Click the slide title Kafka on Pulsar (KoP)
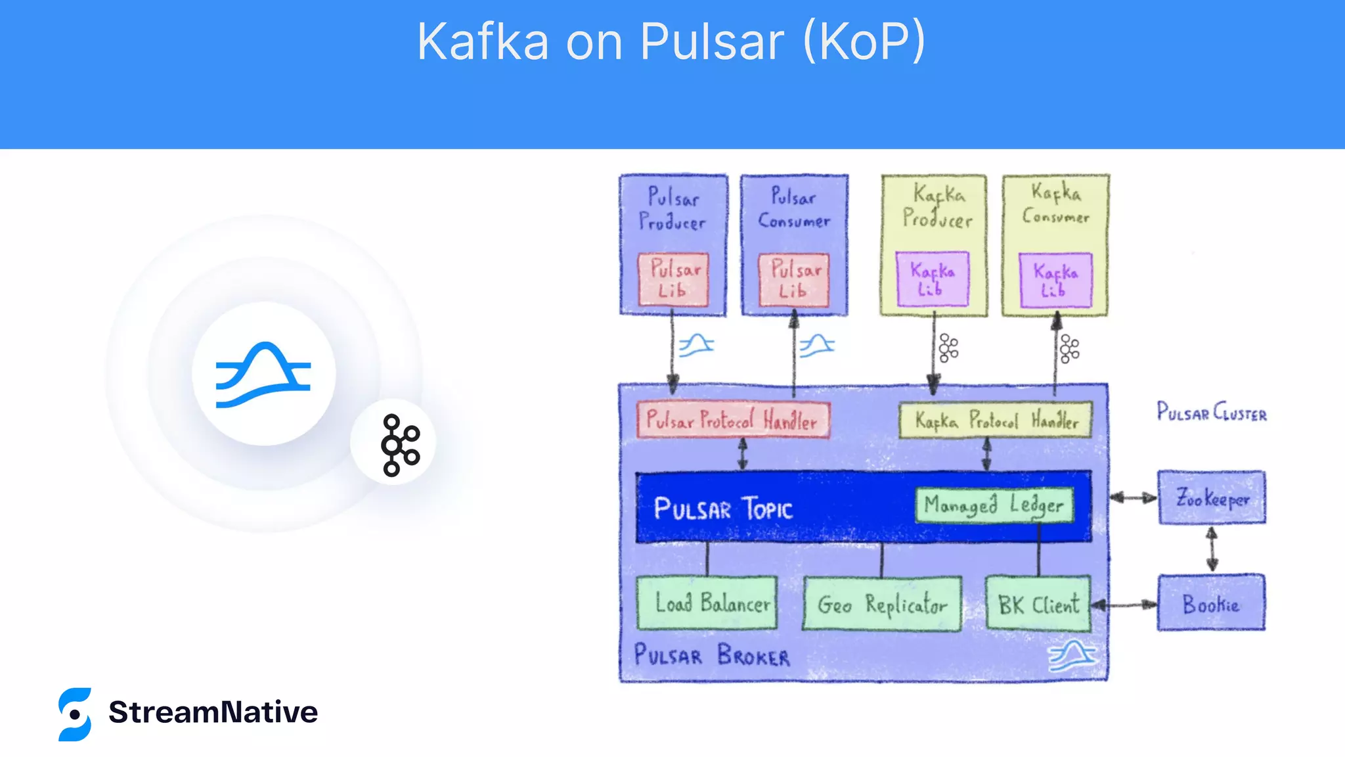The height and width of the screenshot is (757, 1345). point(671,41)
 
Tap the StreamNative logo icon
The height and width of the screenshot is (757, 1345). point(75,714)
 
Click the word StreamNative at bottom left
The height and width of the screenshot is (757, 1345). point(213,712)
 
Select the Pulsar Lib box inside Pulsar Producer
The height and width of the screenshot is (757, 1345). point(673,280)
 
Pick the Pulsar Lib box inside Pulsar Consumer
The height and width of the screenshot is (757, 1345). point(794,280)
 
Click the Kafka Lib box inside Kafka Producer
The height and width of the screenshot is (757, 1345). point(932,279)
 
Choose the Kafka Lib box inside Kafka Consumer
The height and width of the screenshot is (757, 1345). point(1055,280)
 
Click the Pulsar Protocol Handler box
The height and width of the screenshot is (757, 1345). point(732,420)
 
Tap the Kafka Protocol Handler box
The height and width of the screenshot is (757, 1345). point(995,420)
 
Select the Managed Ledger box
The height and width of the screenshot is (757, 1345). point(994,505)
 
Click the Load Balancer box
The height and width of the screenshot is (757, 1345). point(707,603)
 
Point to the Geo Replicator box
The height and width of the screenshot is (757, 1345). point(882,604)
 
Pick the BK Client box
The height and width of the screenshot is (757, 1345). point(1038,604)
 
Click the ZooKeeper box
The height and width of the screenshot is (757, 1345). point(1212,497)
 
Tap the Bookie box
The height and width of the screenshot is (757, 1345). point(1211,603)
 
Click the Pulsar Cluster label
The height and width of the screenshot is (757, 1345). point(1211,412)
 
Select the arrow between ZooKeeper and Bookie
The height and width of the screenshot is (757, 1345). point(1212,549)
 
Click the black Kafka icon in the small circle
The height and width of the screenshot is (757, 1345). point(399,445)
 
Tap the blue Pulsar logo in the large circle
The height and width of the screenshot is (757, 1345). point(263,374)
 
